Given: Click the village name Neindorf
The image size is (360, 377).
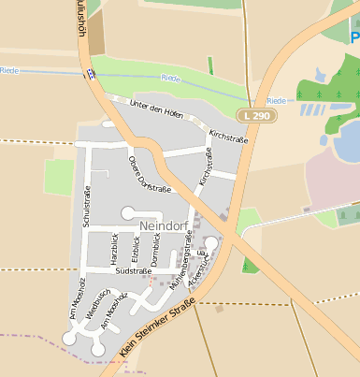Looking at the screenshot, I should click(x=163, y=226).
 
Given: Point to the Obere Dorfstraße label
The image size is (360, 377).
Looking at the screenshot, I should click(x=149, y=175).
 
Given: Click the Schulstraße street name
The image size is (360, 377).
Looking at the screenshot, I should click(x=87, y=208).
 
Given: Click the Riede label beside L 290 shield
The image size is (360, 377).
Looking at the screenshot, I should click(x=276, y=100).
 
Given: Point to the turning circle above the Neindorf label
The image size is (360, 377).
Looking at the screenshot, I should click(x=127, y=212).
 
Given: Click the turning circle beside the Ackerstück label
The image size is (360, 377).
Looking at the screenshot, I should click(x=211, y=243).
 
